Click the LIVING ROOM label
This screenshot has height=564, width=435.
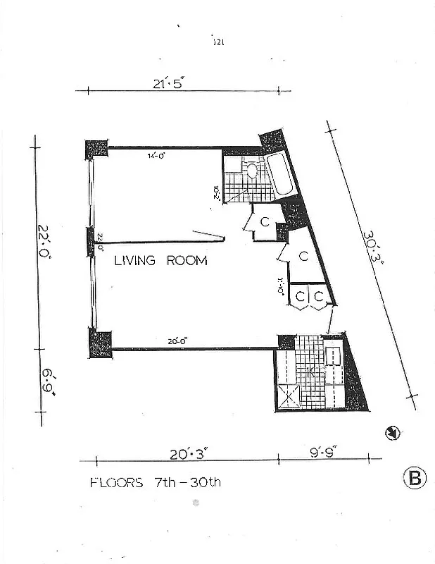(x=160, y=260)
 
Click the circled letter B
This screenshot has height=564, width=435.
(x=415, y=479)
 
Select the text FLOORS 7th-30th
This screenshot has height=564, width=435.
(x=156, y=483)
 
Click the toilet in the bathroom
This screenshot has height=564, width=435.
(x=251, y=170)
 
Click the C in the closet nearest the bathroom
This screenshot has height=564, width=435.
(x=265, y=222)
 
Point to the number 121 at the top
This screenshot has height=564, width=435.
(x=217, y=42)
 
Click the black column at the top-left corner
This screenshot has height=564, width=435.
(x=96, y=149)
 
